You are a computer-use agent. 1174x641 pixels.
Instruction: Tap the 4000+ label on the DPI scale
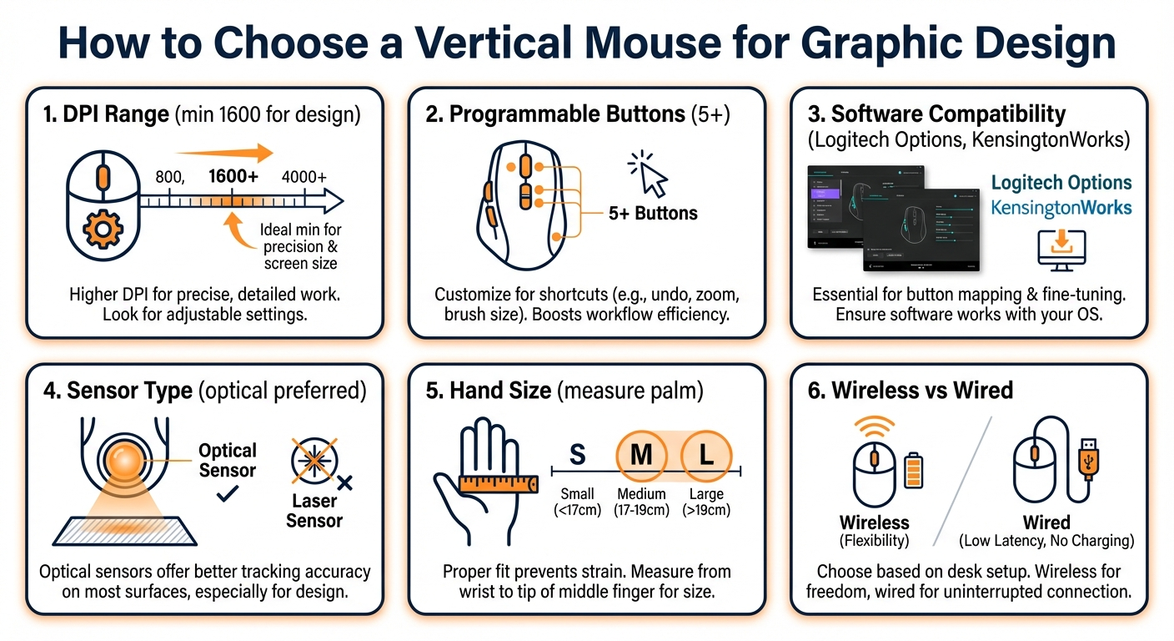[x=304, y=176]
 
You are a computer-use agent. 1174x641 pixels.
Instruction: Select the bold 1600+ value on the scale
[x=233, y=176]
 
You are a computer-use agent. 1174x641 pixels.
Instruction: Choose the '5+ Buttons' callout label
[x=653, y=214]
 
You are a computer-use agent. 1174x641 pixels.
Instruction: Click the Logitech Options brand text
[x=1061, y=183]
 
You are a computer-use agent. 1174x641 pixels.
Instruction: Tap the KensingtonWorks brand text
[x=1061, y=207]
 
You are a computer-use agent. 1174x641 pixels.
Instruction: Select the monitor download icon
[x=1061, y=248]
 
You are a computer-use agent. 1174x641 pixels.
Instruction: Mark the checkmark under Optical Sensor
[x=226, y=493]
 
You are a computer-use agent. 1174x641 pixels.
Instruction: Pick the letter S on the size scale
[x=576, y=456]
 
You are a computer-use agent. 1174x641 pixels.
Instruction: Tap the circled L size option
[x=706, y=456]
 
